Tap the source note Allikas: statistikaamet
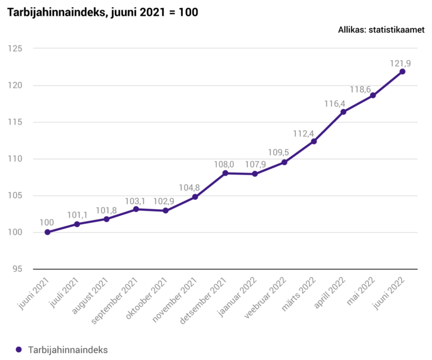[381, 30]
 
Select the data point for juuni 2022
[402, 71]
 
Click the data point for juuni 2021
[47, 232]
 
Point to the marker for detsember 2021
[225, 173]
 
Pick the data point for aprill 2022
[343, 112]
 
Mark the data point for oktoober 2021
[165, 211]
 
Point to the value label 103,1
[136, 201]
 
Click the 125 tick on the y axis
[16, 49]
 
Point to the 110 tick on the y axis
[16, 159]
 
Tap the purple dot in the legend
[19, 349]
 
